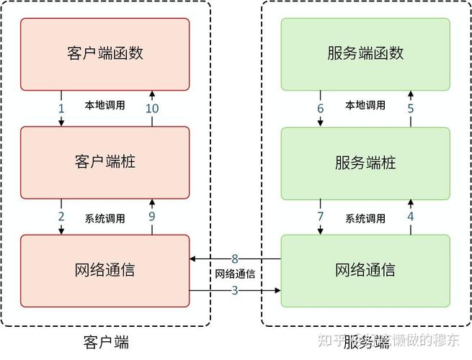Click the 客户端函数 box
(x=105, y=53)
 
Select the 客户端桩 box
(x=105, y=162)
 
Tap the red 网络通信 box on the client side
(x=105, y=271)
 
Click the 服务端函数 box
(x=365, y=53)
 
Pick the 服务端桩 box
(x=365, y=162)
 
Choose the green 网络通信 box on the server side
(x=365, y=271)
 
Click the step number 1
(x=61, y=108)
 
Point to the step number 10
(x=152, y=108)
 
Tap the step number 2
(x=61, y=217)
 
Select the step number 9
(x=152, y=216)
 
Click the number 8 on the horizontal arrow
(x=235, y=258)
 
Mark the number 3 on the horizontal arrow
(x=235, y=290)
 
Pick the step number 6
(x=321, y=108)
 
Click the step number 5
(x=411, y=108)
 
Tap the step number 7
(x=321, y=217)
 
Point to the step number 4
(x=411, y=216)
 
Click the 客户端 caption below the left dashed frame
(x=106, y=340)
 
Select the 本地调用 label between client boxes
(x=105, y=105)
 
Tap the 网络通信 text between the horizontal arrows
(x=235, y=274)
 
